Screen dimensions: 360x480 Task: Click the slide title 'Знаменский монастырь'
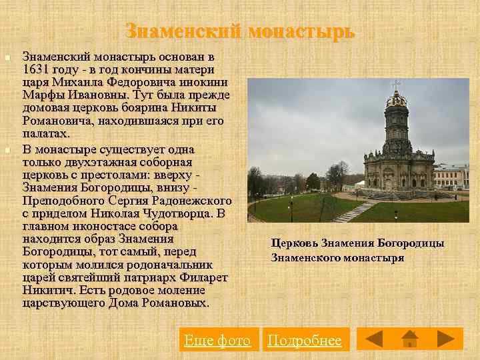click(x=240, y=31)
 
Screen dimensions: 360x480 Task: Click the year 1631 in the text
click(x=36, y=69)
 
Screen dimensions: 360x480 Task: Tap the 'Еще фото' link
click(x=217, y=341)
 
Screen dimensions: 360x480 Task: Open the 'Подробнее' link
click(x=304, y=341)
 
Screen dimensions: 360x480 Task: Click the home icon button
click(x=410, y=339)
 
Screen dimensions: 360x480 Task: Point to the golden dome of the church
click(x=397, y=100)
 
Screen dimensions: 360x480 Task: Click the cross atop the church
click(x=397, y=85)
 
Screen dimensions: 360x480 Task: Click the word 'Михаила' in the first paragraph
click(x=73, y=82)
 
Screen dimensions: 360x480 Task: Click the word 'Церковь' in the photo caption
click(x=294, y=244)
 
